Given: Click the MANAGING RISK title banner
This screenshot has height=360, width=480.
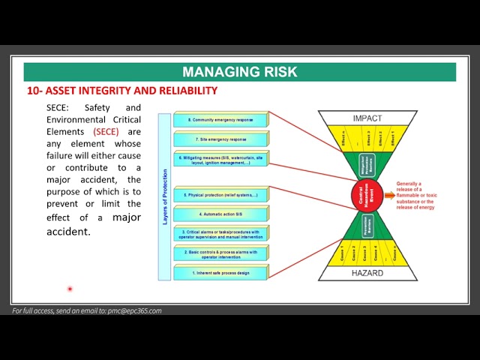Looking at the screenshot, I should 239,72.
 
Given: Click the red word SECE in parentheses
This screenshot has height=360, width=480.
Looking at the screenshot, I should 106,131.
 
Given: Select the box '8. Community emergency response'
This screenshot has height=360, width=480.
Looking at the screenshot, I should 220,119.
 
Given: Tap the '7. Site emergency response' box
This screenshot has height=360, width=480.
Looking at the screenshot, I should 220,139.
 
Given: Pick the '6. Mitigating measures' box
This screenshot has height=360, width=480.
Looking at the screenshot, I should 220,159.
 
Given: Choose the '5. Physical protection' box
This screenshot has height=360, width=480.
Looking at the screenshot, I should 220,194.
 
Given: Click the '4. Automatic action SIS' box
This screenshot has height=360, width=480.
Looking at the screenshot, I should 220,214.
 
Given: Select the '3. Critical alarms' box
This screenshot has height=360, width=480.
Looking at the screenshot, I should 220,233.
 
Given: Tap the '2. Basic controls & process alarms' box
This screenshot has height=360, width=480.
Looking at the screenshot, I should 220,253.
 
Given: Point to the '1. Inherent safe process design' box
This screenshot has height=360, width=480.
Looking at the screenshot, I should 220,272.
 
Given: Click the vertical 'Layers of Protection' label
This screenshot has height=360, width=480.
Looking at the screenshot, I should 165,197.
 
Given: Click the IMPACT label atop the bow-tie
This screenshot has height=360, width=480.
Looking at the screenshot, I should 367,118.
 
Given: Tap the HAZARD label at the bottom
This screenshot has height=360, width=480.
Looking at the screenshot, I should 367,273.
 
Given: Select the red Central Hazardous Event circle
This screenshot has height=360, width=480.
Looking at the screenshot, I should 367,196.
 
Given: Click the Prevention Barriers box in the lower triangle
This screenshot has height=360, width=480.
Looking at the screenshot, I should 367,226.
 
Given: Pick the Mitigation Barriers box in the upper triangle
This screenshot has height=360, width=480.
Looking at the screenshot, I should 367,165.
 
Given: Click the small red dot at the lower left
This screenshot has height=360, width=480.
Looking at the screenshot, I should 70,289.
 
